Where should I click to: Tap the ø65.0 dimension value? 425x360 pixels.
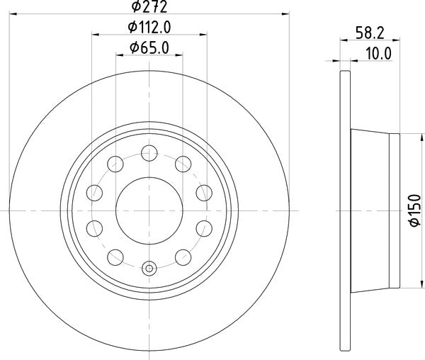(x=149, y=48)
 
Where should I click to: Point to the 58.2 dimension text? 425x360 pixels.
(x=368, y=33)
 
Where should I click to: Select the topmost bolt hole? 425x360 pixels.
(x=149, y=151)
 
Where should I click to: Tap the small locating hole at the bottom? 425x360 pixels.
(x=149, y=269)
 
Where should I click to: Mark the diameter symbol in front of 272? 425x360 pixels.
(x=132, y=9)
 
